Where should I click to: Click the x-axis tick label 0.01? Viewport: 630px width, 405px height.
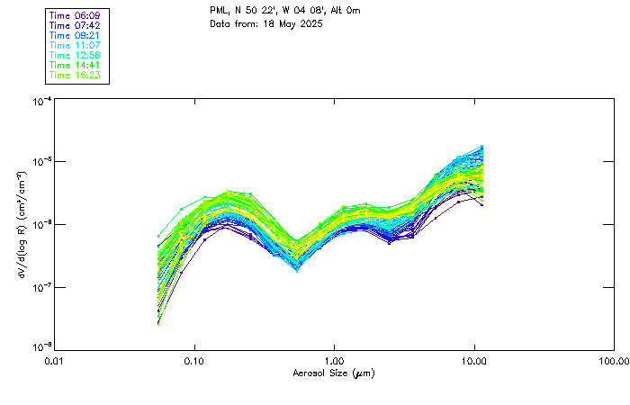click(55, 360)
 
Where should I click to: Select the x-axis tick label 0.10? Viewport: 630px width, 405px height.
click(194, 360)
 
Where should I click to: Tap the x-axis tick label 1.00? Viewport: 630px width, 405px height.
click(334, 360)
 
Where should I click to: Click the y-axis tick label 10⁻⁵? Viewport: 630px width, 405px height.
click(41, 162)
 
